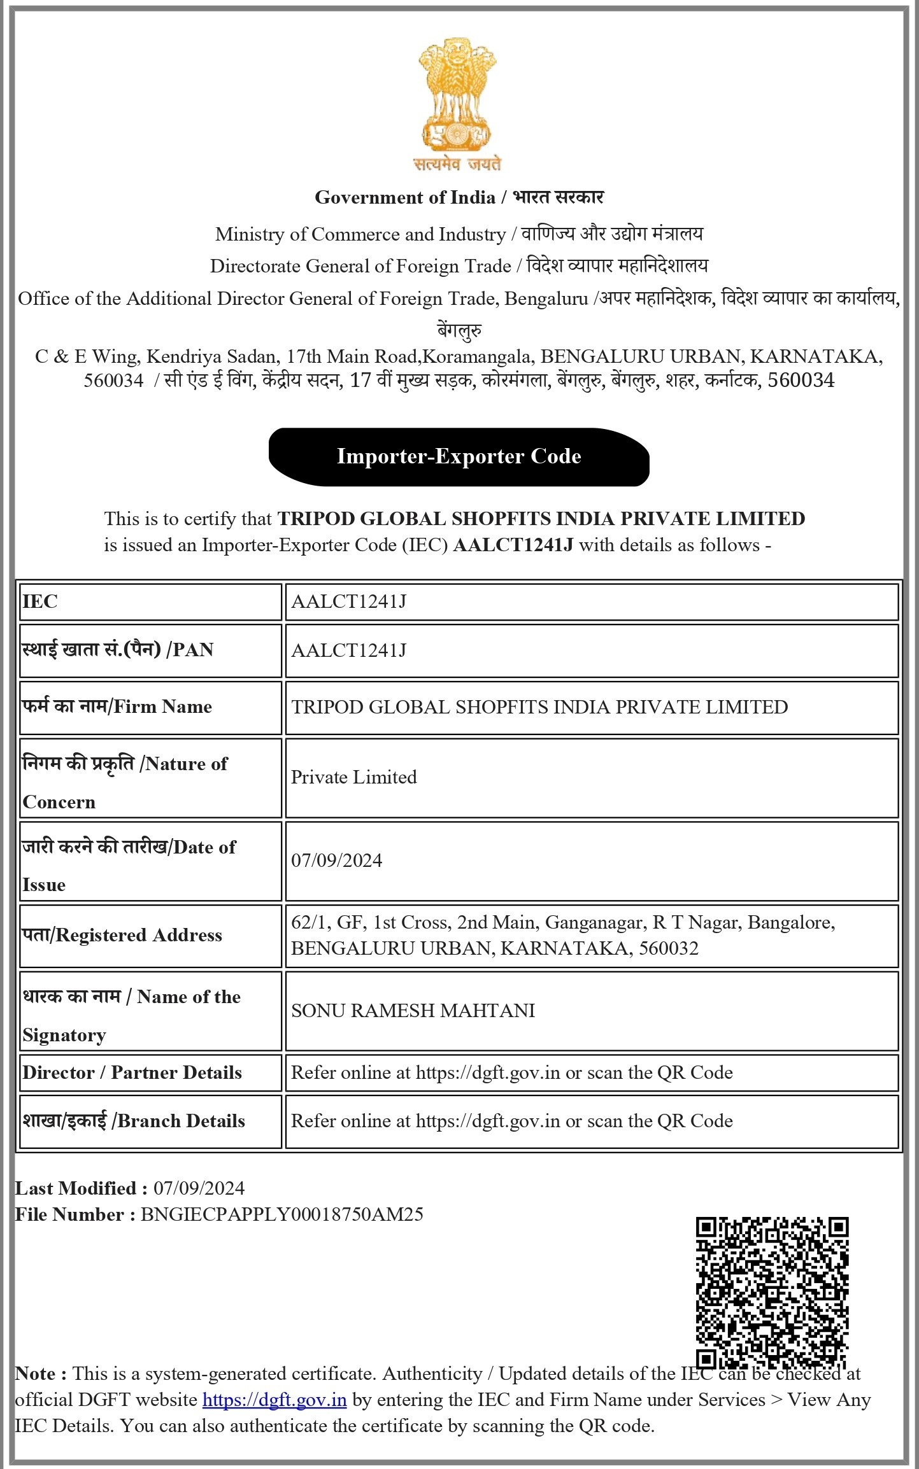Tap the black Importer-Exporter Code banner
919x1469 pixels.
click(x=459, y=456)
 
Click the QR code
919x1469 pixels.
click(x=772, y=1293)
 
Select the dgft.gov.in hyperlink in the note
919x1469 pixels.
click(x=274, y=1400)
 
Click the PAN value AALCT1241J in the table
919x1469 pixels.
click(x=348, y=650)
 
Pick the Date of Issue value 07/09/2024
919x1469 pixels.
click(x=337, y=861)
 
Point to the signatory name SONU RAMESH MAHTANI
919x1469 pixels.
click(x=413, y=1011)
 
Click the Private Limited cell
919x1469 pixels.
click(x=354, y=777)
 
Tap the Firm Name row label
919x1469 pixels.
click(x=117, y=706)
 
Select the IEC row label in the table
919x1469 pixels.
click(x=40, y=601)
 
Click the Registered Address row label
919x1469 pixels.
click(x=122, y=935)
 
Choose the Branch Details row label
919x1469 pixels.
click(x=134, y=1121)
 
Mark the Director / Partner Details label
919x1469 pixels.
click(x=132, y=1072)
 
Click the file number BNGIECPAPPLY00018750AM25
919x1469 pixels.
click(x=281, y=1214)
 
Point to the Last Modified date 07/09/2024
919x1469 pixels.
click(x=199, y=1188)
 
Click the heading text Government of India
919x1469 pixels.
click(x=405, y=197)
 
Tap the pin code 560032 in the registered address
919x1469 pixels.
click(x=668, y=948)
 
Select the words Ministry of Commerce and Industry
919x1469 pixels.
click(x=360, y=234)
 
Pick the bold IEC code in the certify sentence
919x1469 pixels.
click(x=513, y=545)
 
